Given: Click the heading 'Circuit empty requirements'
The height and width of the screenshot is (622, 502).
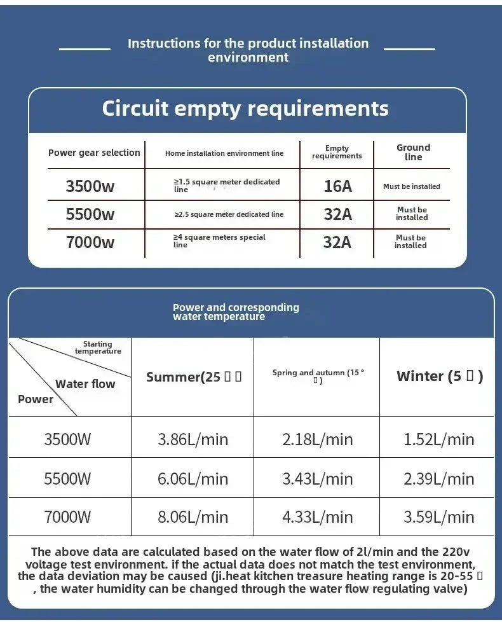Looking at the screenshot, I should point(245,108).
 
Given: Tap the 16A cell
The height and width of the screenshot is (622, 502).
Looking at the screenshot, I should point(337,186).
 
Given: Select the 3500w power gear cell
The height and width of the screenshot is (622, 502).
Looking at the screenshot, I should point(90,186).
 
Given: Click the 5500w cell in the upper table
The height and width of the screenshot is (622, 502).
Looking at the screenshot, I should point(90,214).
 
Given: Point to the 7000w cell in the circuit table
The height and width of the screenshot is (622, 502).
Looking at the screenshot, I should point(90,242).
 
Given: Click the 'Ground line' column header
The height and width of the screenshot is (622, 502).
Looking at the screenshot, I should point(413,152).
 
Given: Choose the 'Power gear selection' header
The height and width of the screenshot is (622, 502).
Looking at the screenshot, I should point(94,153).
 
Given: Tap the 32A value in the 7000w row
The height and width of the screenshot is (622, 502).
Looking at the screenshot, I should point(337,242).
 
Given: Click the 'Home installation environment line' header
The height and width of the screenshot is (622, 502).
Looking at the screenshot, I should point(224,153).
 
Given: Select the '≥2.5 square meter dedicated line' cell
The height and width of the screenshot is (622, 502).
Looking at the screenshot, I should point(229,214).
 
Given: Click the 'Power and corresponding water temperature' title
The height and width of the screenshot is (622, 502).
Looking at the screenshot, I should point(236,312).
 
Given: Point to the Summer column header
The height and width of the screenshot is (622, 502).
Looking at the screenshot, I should point(193,377).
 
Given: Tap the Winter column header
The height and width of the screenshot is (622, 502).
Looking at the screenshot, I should point(439,376).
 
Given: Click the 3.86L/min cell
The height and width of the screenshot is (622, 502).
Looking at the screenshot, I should point(193,439).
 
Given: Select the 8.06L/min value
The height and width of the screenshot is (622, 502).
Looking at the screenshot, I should point(193,517).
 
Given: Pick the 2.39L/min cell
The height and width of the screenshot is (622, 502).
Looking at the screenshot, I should point(438,478).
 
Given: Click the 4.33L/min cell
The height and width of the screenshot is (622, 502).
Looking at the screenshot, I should point(317,517).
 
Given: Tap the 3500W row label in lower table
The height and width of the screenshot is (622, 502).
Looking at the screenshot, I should point(67,439).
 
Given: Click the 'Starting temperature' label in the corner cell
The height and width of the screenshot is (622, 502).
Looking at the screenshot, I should point(98,347).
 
